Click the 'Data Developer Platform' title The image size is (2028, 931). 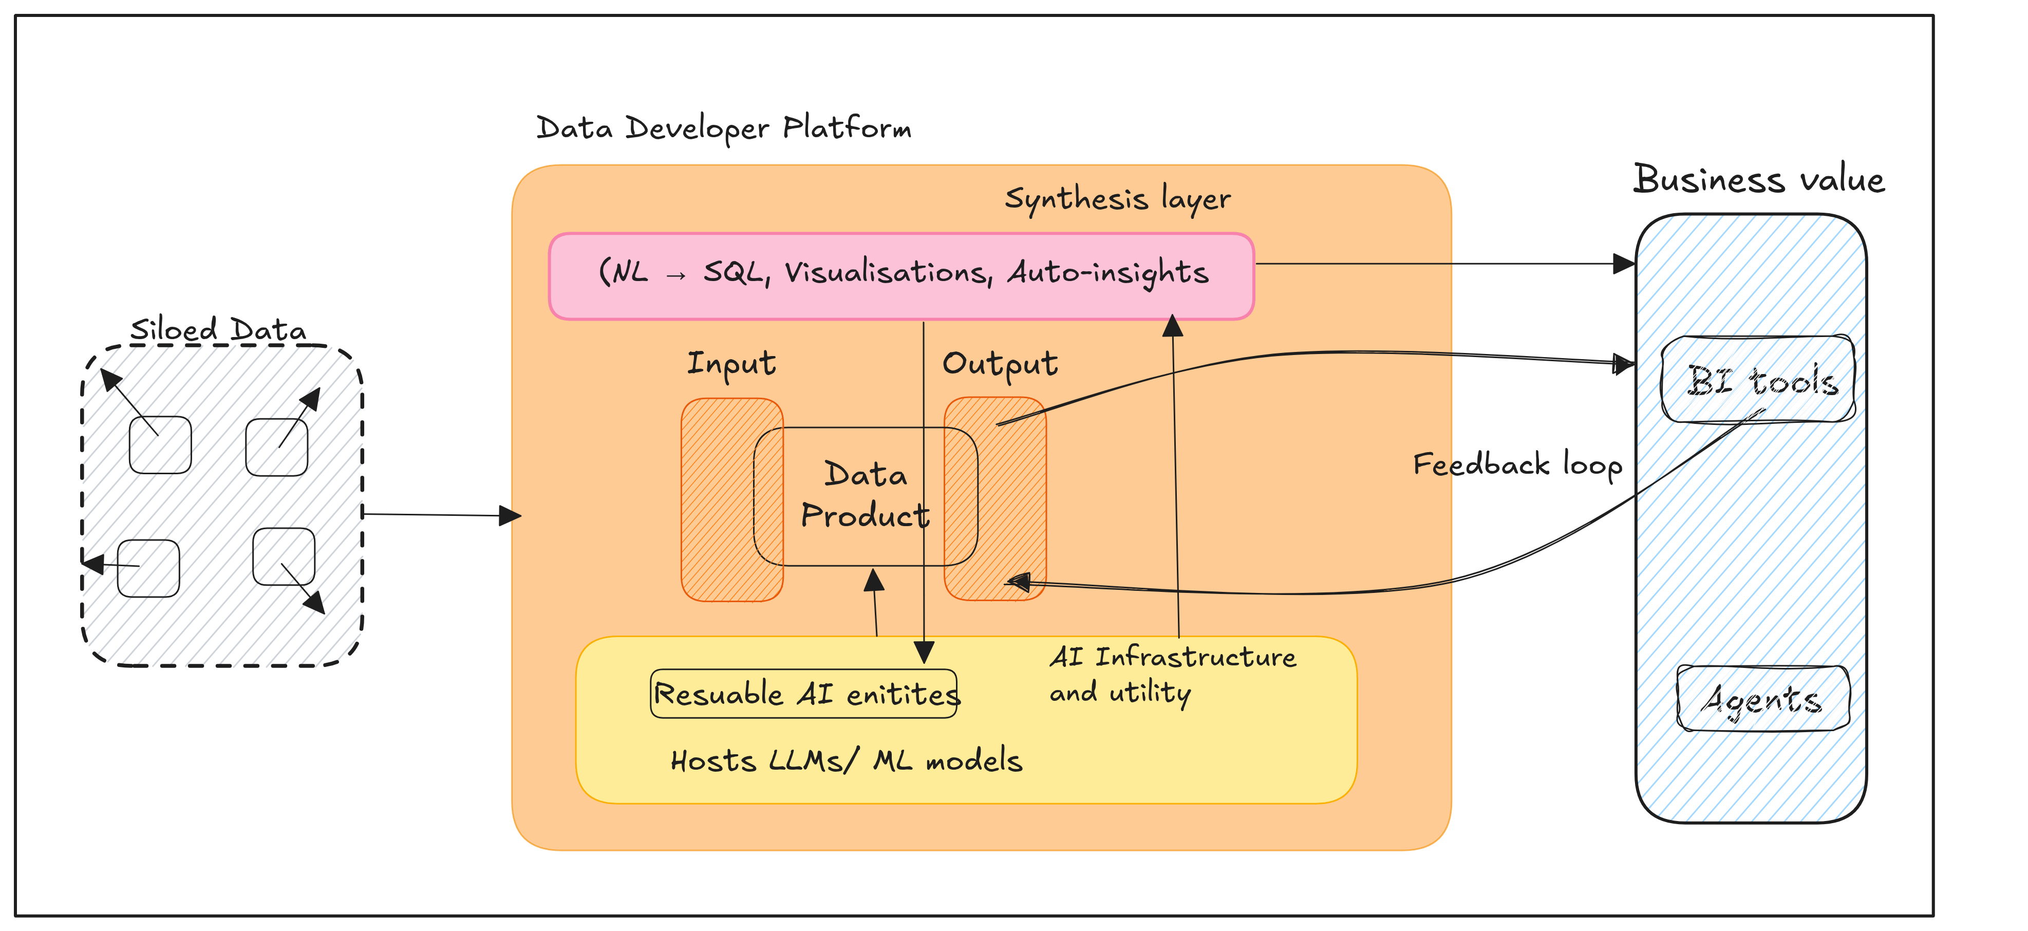click(723, 127)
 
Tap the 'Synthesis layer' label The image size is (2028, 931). click(1117, 198)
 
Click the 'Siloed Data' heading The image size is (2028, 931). click(218, 329)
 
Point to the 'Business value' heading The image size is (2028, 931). click(1759, 180)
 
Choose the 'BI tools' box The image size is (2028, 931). click(1758, 380)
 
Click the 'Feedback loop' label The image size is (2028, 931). click(1517, 464)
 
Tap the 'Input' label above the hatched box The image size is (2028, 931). click(731, 364)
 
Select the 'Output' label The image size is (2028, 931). click(1000, 364)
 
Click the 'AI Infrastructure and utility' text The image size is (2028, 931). click(1172, 674)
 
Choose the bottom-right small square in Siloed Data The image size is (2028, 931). click(284, 556)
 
